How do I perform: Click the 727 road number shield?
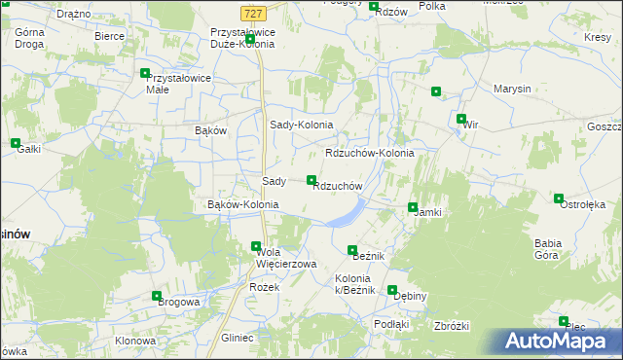[x=252, y=13]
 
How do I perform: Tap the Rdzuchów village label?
[x=338, y=187]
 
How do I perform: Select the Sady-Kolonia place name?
[x=301, y=126]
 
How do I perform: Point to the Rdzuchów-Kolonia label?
[x=370, y=154]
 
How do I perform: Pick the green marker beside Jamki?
[x=413, y=207]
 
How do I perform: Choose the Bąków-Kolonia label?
[x=243, y=205]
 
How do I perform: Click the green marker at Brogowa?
[x=157, y=296]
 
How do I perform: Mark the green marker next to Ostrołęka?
[x=559, y=198]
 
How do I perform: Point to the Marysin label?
[x=512, y=89]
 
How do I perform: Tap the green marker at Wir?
[x=461, y=120]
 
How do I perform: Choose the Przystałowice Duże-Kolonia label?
[x=243, y=38]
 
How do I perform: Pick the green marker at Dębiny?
[x=392, y=290]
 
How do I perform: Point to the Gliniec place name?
[x=238, y=338]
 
